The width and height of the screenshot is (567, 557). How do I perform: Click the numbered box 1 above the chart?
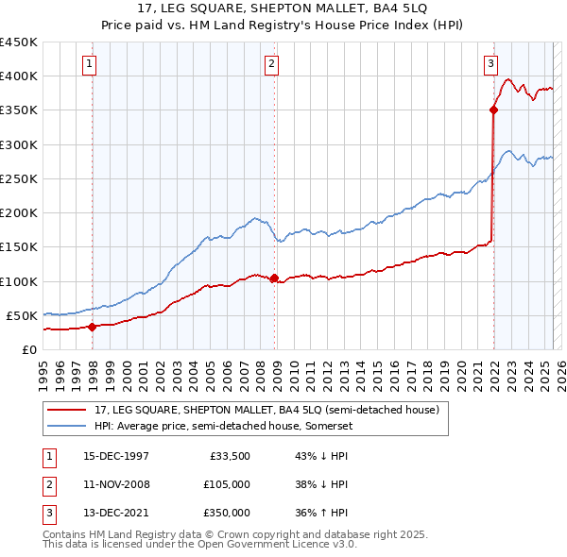[x=88, y=64]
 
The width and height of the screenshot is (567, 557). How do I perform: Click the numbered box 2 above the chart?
[x=271, y=64]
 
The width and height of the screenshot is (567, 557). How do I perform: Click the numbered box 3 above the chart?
[x=491, y=64]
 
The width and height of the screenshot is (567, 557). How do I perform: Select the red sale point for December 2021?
[x=493, y=110]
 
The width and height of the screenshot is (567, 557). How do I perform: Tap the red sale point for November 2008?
[x=274, y=278]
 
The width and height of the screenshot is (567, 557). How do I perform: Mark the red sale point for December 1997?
[x=93, y=327]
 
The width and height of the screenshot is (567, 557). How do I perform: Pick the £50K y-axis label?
[x=22, y=315]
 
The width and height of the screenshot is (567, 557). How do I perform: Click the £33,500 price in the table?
[x=230, y=456]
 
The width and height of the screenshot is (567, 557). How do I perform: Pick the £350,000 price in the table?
[x=226, y=513]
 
